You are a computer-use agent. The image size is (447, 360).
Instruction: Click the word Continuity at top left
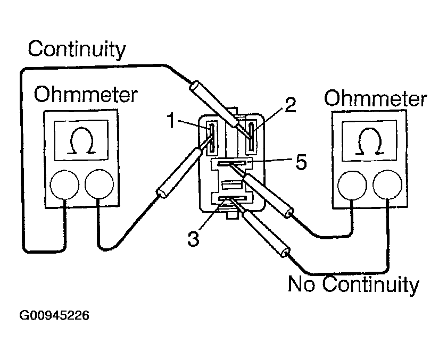(x=77, y=51)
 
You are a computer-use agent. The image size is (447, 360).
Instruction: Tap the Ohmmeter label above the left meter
(x=85, y=96)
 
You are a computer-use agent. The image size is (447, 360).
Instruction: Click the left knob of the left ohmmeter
(x=64, y=183)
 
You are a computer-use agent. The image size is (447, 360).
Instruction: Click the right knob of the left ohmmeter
(x=98, y=183)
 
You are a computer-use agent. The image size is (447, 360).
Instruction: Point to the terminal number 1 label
(x=170, y=122)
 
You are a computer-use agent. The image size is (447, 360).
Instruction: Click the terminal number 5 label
(x=301, y=163)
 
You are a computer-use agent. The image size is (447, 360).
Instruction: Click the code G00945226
(x=54, y=315)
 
